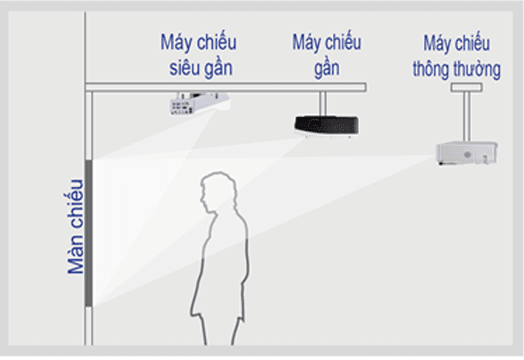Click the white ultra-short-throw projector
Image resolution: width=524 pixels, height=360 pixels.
(x=200, y=103)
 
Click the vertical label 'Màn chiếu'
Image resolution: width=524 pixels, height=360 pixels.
(x=75, y=226)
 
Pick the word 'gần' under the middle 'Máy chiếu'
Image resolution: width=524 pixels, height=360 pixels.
(x=327, y=67)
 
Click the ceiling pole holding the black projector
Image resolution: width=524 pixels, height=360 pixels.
(x=321, y=101)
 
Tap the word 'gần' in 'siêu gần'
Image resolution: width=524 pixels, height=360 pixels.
(x=217, y=67)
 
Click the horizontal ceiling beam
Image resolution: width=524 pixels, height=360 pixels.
(x=225, y=86)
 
